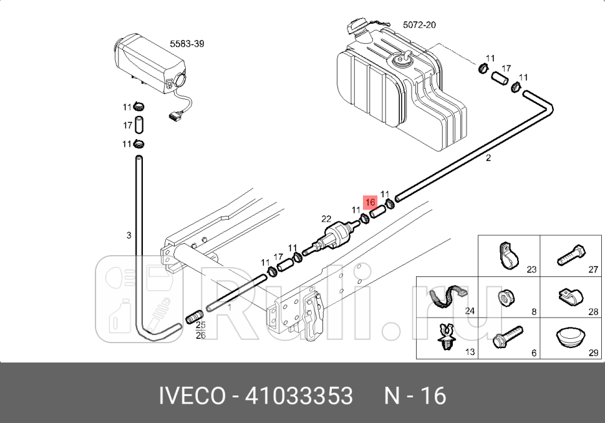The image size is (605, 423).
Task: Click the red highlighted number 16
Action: click(370, 202)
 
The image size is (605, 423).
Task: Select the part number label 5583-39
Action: click(187, 44)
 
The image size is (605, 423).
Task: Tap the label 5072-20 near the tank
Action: click(419, 25)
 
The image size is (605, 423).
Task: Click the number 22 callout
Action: click(326, 218)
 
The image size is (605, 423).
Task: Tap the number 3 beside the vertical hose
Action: click(129, 235)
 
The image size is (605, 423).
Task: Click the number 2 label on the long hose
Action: click(488, 158)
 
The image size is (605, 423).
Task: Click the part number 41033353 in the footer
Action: click(299, 396)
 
